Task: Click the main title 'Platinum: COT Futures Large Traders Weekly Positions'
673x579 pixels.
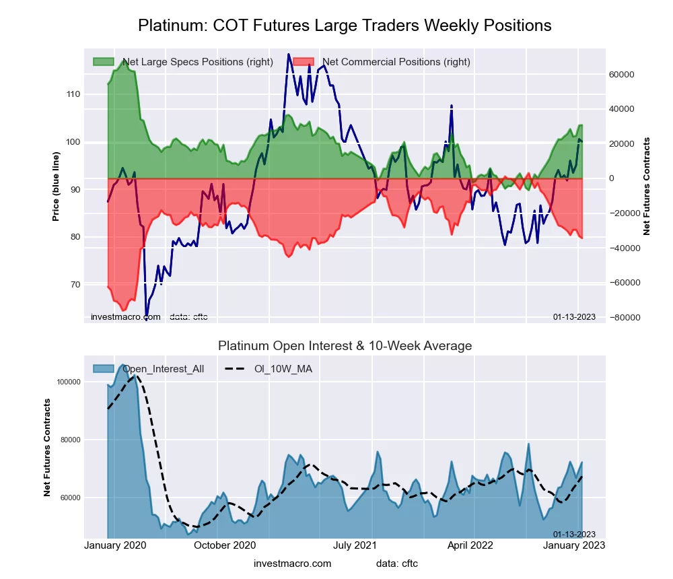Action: click(x=345, y=26)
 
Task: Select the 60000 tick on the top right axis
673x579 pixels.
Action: click(x=622, y=74)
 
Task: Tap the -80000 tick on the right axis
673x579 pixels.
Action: click(x=623, y=318)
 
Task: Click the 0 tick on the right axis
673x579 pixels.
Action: click(x=613, y=178)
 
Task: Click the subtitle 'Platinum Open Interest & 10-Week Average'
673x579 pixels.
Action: click(x=345, y=345)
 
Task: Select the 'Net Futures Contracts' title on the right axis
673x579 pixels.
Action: click(x=647, y=186)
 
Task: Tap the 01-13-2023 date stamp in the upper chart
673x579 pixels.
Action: click(x=574, y=316)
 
